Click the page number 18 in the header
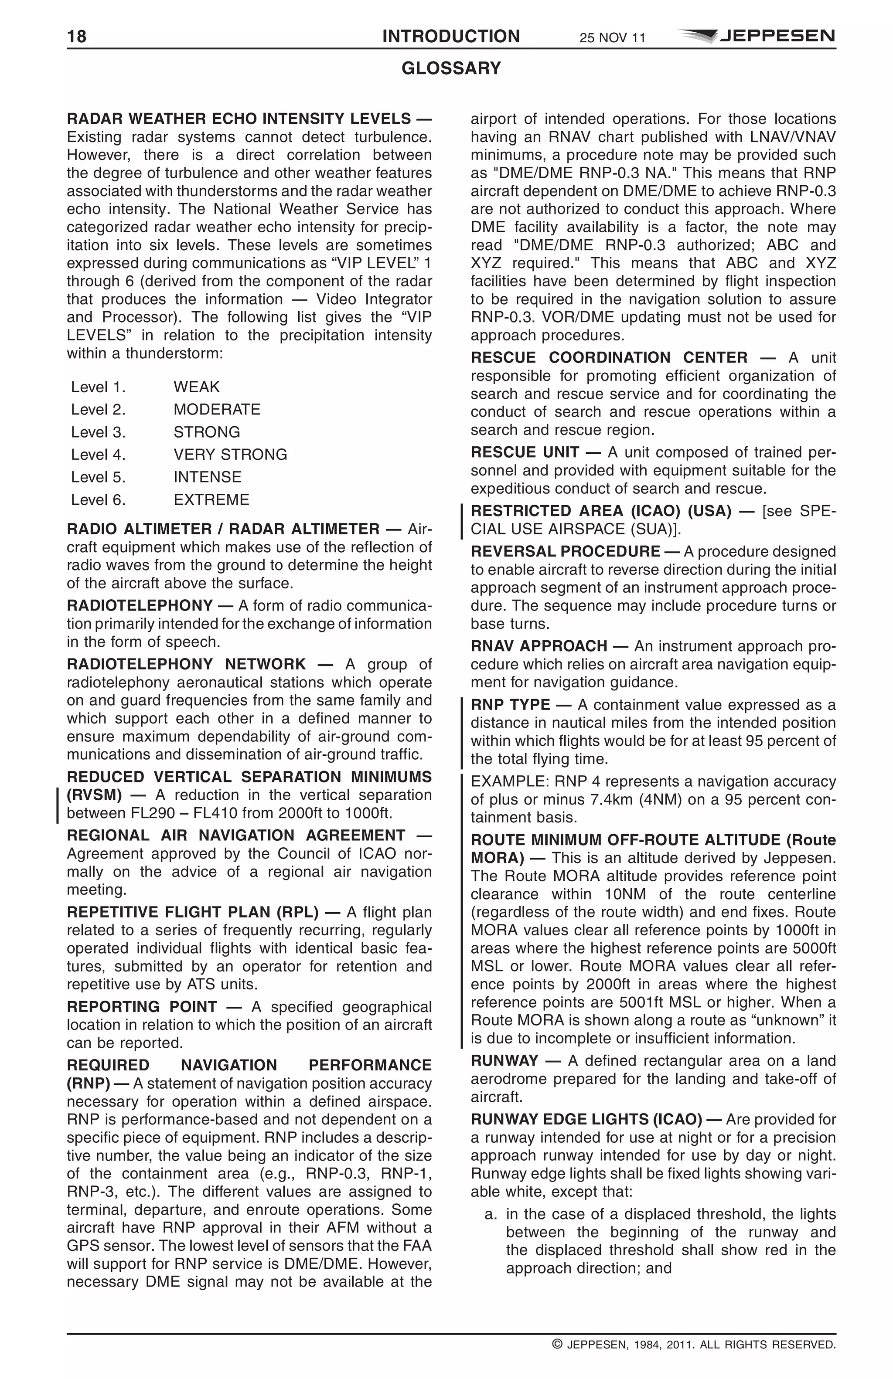76,37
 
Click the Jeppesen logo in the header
756,36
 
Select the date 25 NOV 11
612,38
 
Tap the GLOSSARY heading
451,68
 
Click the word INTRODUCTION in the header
451,37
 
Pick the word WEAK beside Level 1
197,387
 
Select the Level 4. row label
98,455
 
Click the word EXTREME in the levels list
211,500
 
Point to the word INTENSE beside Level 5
207,477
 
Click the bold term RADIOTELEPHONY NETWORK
186,664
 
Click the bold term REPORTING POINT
142,1007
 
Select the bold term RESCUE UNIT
525,452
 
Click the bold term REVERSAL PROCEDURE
565,552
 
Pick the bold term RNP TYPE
510,705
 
